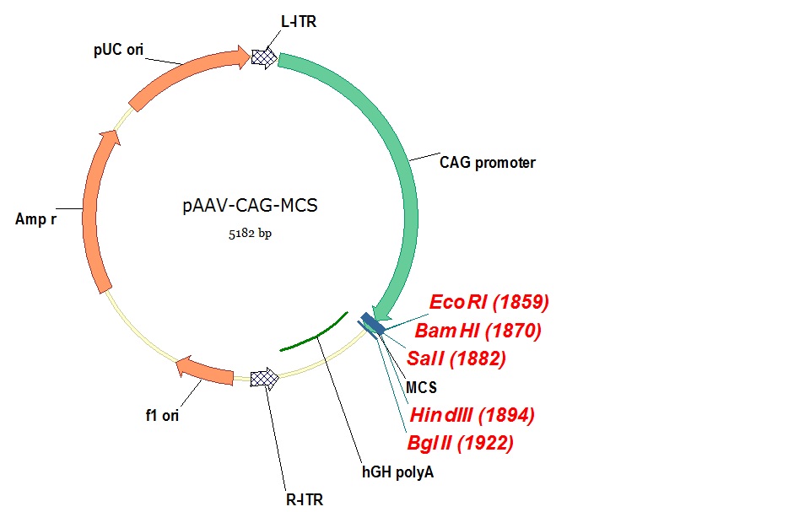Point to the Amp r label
pyautogui.click(x=41, y=219)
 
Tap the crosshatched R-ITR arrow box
pyautogui.click(x=266, y=380)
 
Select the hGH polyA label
pyautogui.click(x=398, y=473)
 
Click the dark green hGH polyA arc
pyautogui.click(x=314, y=334)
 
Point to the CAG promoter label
pyautogui.click(x=488, y=163)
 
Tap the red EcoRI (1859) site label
pyautogui.click(x=489, y=302)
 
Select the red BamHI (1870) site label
pyautogui.click(x=478, y=331)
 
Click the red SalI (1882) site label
pyautogui.click(x=456, y=358)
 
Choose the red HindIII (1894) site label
pyautogui.click(x=472, y=415)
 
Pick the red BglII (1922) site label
pyautogui.click(x=460, y=443)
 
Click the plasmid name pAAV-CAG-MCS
pyautogui.click(x=250, y=205)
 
